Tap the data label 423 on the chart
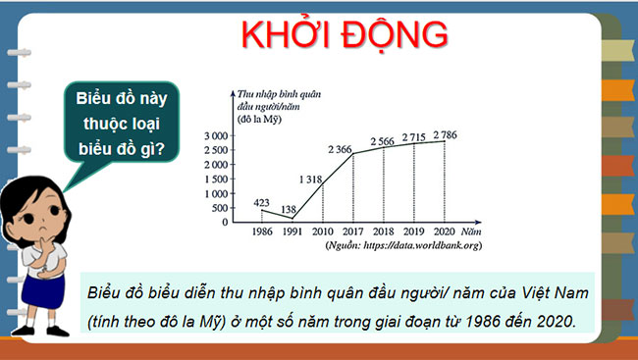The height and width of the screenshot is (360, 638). pyautogui.click(x=261, y=202)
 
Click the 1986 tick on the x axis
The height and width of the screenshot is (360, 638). pyautogui.click(x=261, y=231)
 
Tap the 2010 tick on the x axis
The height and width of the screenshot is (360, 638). pyautogui.click(x=323, y=231)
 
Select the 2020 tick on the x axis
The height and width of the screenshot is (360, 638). pyautogui.click(x=445, y=231)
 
